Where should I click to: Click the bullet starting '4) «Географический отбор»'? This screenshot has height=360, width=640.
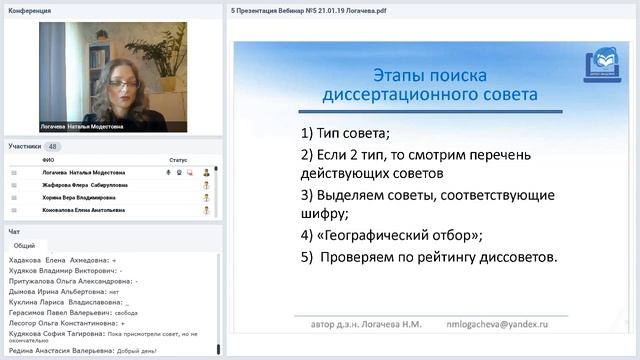tap(391, 235)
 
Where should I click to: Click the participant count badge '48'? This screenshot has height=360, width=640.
tap(52, 146)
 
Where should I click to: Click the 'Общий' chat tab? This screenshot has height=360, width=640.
tap(25, 245)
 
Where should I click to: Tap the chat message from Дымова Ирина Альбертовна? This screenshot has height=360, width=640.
tap(70, 291)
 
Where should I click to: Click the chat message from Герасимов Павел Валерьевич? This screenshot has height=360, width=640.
tap(75, 312)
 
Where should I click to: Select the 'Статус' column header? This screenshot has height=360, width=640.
tap(178, 160)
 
